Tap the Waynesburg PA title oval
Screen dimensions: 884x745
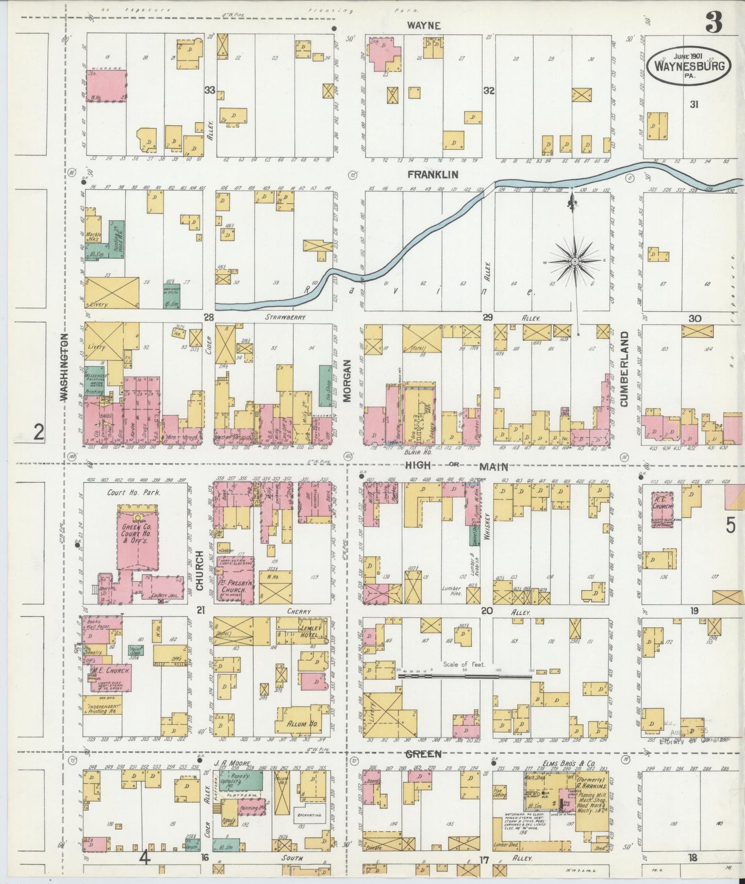pyautogui.click(x=690, y=65)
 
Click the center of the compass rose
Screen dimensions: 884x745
pyautogui.click(x=574, y=261)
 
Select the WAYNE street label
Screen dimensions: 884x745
pyautogui.click(x=423, y=25)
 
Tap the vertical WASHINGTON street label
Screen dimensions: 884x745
pyautogui.click(x=64, y=367)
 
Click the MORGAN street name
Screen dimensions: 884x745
pyautogui.click(x=347, y=380)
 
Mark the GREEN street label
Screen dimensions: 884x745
pyautogui.click(x=423, y=754)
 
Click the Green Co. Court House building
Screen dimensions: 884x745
pyautogui.click(x=137, y=538)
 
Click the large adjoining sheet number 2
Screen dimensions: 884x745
pyautogui.click(x=39, y=432)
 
